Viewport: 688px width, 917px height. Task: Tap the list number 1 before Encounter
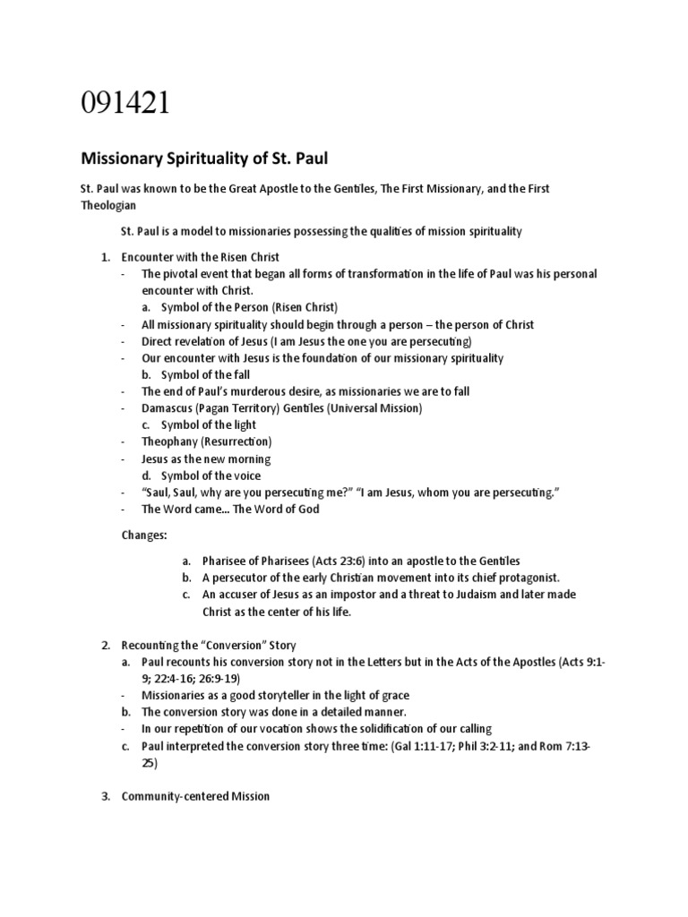click(103, 257)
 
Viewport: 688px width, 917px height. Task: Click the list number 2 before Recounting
click(104, 645)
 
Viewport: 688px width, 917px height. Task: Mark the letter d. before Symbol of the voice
click(147, 476)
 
